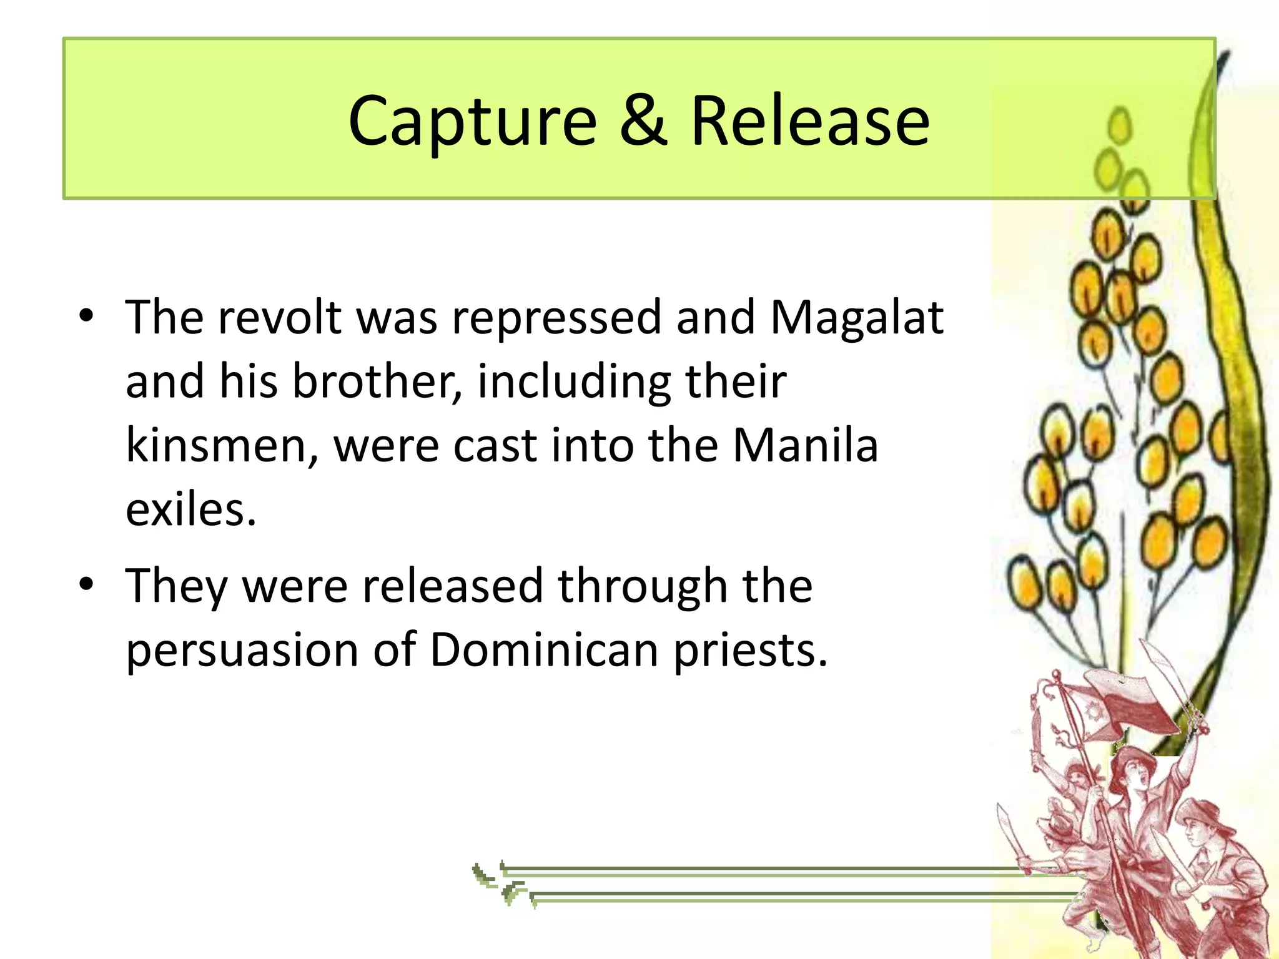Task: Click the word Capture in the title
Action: point(472,121)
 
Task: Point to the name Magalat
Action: point(856,318)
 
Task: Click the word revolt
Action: point(279,317)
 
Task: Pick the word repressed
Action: point(556,318)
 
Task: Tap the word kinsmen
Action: point(219,446)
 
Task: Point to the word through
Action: point(643,587)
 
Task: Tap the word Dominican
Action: point(544,650)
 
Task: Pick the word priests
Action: point(749,651)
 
